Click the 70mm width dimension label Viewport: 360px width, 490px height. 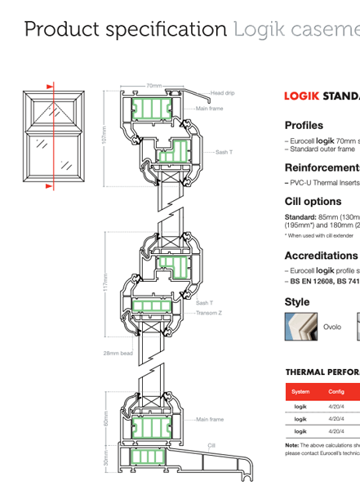[153, 86]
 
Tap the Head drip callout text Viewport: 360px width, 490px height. [222, 93]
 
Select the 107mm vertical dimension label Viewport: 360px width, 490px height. [104, 135]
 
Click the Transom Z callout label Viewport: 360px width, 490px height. [209, 312]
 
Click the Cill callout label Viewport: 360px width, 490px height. [211, 446]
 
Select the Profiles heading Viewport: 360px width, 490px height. [304, 125]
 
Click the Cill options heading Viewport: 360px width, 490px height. [313, 201]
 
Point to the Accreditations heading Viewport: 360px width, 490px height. [321, 256]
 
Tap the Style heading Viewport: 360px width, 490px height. [297, 302]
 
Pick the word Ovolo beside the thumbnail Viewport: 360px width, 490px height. [332, 327]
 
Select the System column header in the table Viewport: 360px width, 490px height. [300, 392]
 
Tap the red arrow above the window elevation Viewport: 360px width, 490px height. [51, 84]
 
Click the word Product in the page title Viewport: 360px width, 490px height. [60, 30]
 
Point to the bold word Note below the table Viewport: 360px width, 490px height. [291, 444]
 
